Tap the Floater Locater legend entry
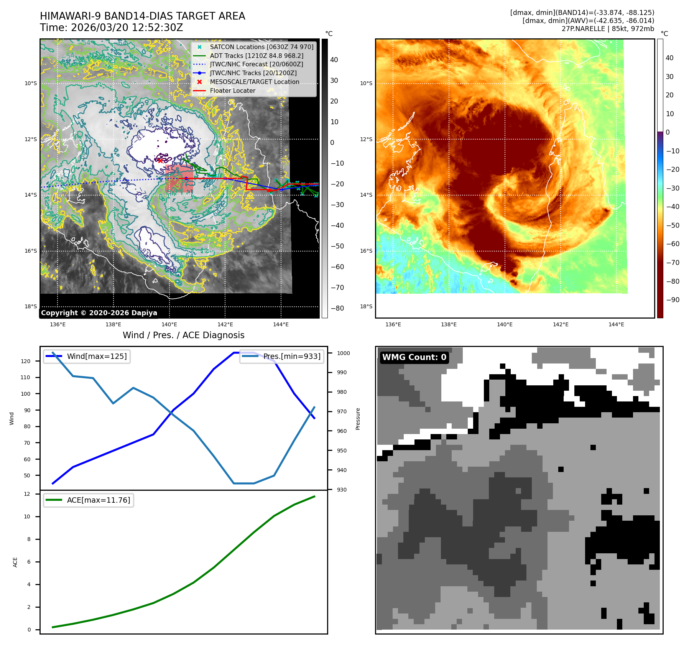(x=232, y=90)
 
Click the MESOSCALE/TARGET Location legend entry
(x=254, y=82)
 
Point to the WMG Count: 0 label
(x=414, y=357)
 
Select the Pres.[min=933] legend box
(x=282, y=356)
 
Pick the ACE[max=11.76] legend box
(x=89, y=500)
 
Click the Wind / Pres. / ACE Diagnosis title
(x=183, y=335)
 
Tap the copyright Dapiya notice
(x=99, y=313)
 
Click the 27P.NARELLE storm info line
(x=608, y=29)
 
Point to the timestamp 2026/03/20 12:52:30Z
(x=112, y=28)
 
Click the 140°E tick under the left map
(x=169, y=324)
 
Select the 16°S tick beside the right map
(x=366, y=251)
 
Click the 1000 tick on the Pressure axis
(x=343, y=353)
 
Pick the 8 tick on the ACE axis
(x=29, y=539)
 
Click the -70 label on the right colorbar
(x=673, y=263)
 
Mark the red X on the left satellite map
(x=160, y=161)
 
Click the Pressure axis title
(x=358, y=419)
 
